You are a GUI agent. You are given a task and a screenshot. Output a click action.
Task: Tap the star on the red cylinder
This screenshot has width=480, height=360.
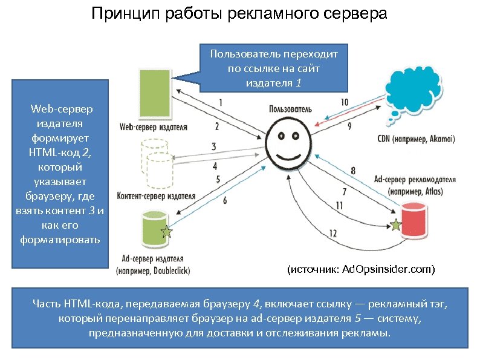pyautogui.click(x=395, y=226)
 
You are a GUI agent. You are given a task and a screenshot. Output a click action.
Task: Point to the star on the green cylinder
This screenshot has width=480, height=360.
pyautogui.click(x=167, y=231)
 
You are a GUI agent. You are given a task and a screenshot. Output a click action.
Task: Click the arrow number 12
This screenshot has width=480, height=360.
pyautogui.click(x=333, y=232)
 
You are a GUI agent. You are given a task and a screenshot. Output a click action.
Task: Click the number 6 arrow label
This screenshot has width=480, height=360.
pyautogui.click(x=225, y=200)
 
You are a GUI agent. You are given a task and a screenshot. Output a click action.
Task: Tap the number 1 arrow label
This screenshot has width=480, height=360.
pyautogui.click(x=221, y=102)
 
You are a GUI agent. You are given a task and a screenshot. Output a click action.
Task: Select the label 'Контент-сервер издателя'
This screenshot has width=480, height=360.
pyautogui.click(x=157, y=197)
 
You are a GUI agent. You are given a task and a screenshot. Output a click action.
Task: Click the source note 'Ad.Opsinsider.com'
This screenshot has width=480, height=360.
pyautogui.click(x=361, y=268)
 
